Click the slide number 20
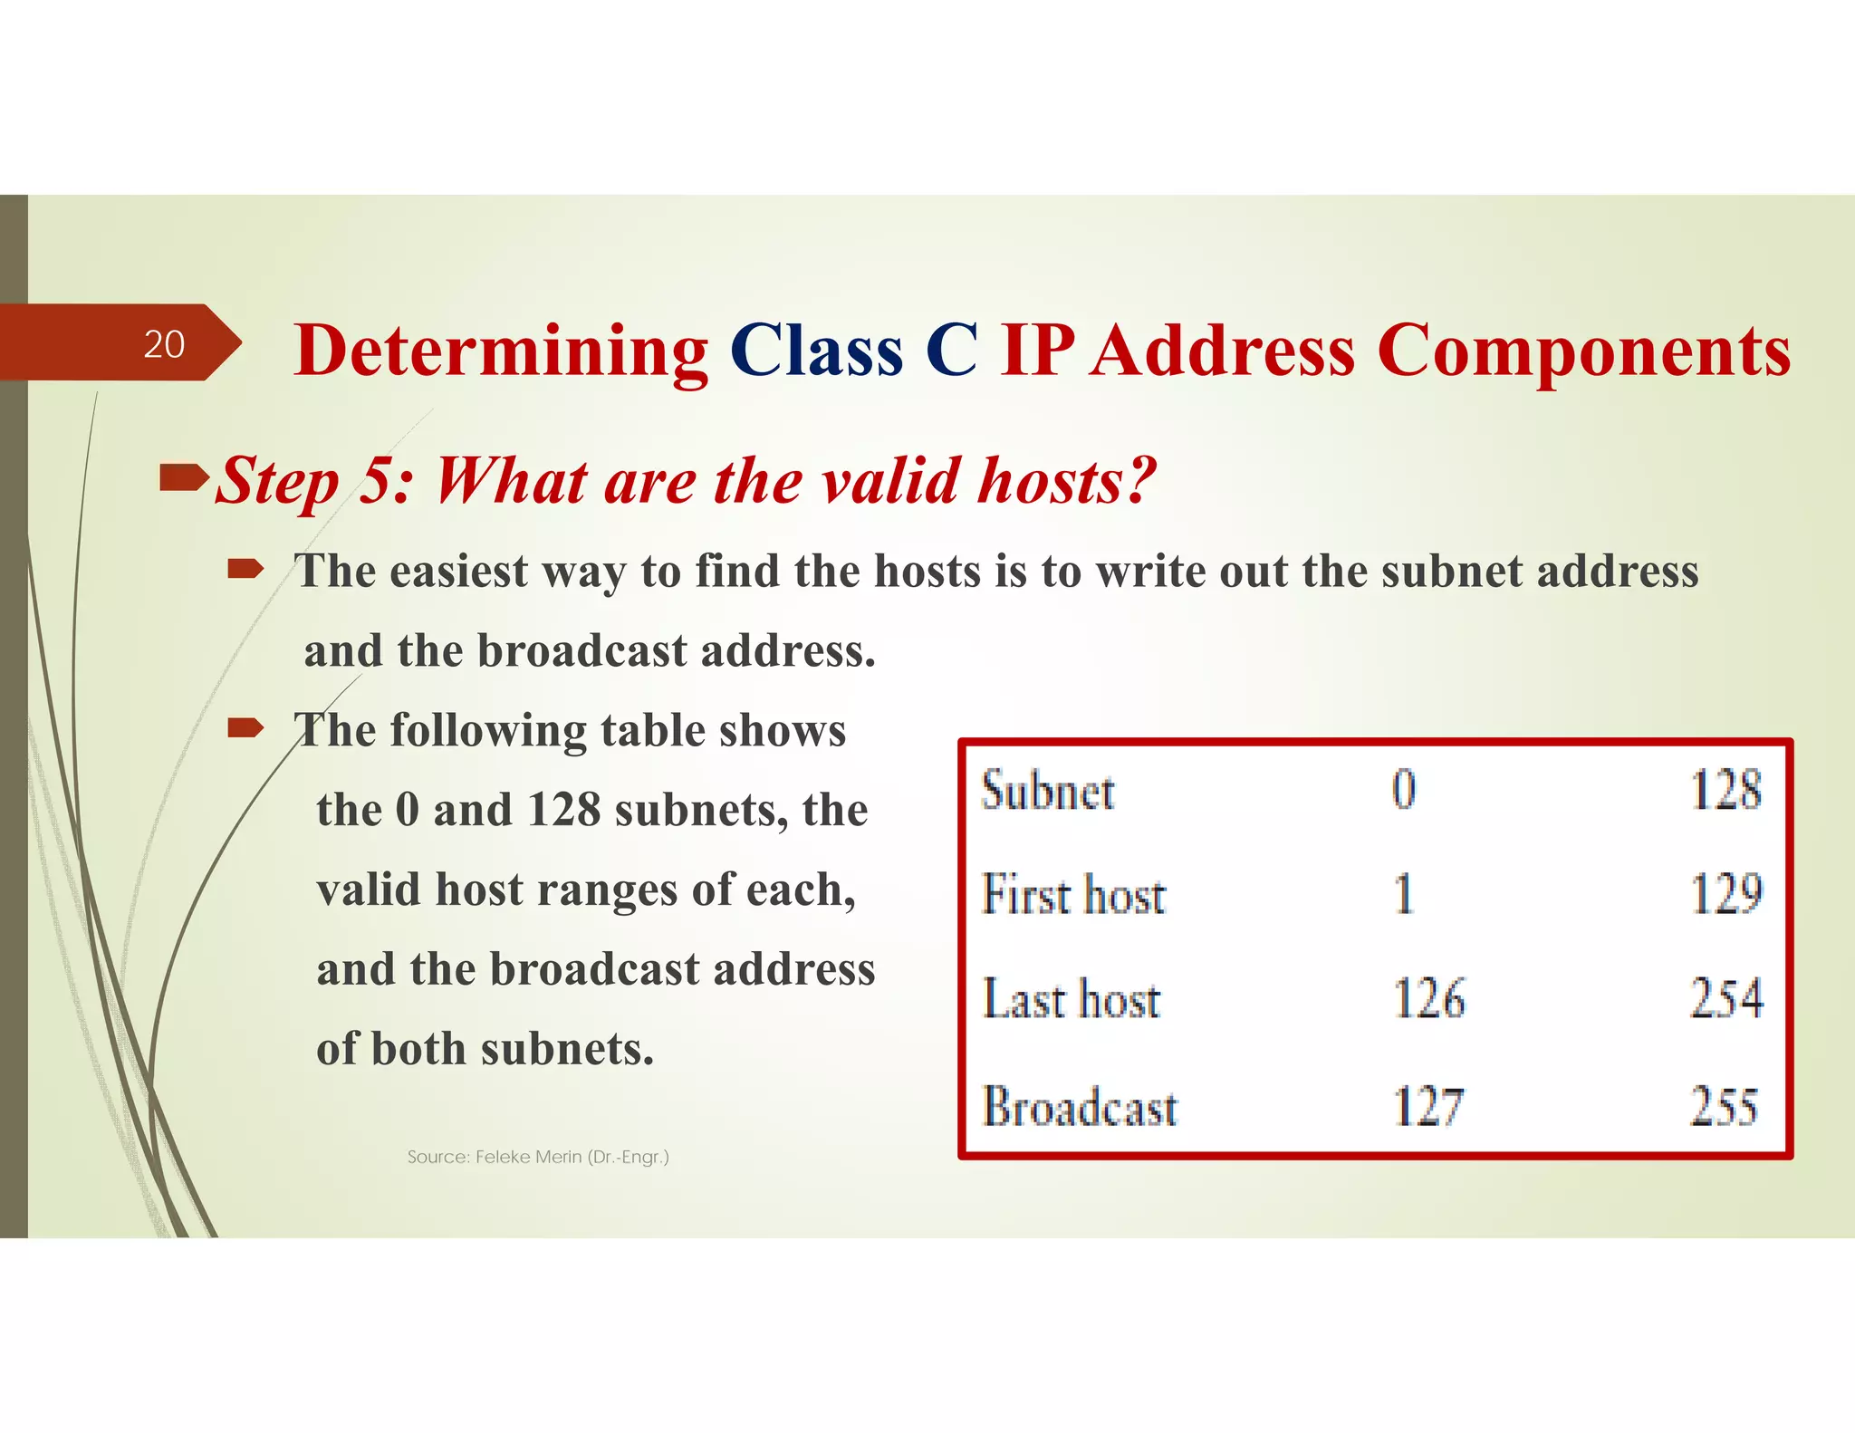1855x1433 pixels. coord(164,344)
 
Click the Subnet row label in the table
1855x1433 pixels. coord(1048,791)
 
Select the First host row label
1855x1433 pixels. coord(1073,895)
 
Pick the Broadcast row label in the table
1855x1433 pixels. coord(1080,1106)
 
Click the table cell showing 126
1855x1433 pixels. coord(1428,999)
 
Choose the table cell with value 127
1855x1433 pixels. coord(1427,1106)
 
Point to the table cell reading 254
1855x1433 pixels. coord(1726,999)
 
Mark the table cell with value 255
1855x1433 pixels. coord(1724,1106)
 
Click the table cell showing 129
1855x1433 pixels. coord(1726,895)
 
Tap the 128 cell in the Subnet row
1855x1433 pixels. coord(1726,789)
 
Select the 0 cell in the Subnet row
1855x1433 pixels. coord(1404,789)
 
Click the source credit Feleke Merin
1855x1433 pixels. coord(538,1157)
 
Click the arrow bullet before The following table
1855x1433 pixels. coord(245,727)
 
